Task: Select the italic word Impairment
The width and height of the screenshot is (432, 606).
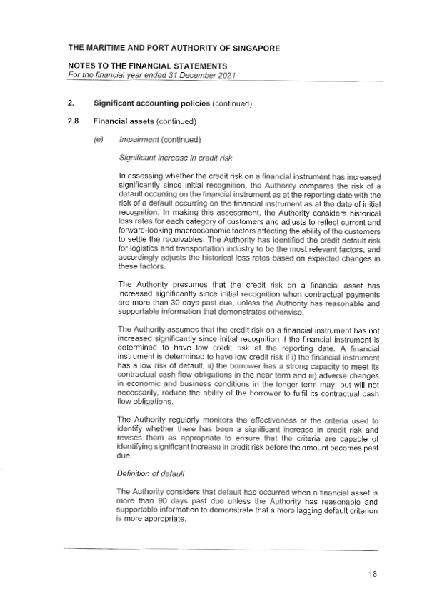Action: (139, 138)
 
